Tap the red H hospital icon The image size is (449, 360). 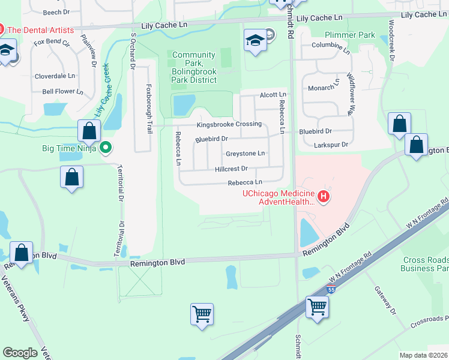point(324,197)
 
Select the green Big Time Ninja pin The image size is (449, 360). point(106,147)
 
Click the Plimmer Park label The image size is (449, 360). point(349,35)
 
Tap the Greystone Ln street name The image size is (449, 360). point(245,154)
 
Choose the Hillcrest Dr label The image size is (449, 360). point(227,169)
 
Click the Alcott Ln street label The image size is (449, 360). point(273,95)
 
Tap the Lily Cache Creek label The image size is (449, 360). point(102,90)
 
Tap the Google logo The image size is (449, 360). point(20,353)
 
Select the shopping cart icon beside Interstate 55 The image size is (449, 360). point(316,307)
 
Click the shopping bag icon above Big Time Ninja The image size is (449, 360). point(89,130)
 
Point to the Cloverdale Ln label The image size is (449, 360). point(55,76)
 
